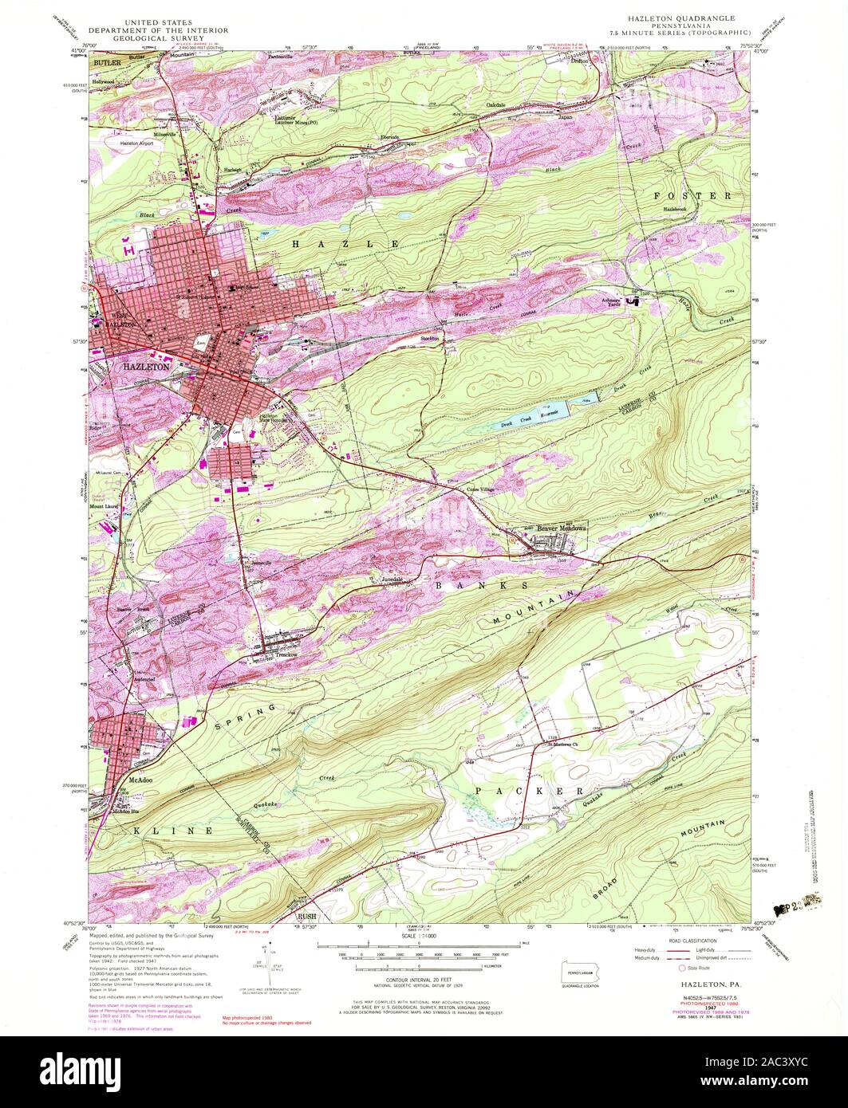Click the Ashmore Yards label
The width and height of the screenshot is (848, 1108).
click(x=610, y=301)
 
